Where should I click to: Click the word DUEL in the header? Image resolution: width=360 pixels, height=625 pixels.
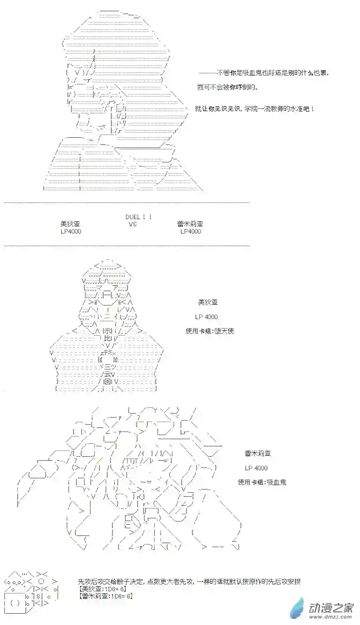click(134, 217)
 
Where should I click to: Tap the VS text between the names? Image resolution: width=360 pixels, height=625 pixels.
click(132, 224)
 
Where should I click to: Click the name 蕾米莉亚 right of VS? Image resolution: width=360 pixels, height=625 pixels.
click(190, 224)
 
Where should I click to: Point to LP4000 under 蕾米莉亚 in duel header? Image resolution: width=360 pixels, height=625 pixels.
click(190, 231)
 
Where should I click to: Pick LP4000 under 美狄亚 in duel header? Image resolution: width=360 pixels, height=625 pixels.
click(71, 231)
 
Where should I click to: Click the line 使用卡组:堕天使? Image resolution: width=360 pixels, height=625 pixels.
click(210, 331)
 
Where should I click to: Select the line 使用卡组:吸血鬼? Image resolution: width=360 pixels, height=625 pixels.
click(262, 482)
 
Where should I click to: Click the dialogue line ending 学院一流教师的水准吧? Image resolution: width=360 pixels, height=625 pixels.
click(254, 109)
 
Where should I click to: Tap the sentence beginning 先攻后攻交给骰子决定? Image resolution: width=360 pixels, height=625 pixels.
click(189, 581)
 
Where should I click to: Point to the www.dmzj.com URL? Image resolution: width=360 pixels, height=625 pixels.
click(331, 616)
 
